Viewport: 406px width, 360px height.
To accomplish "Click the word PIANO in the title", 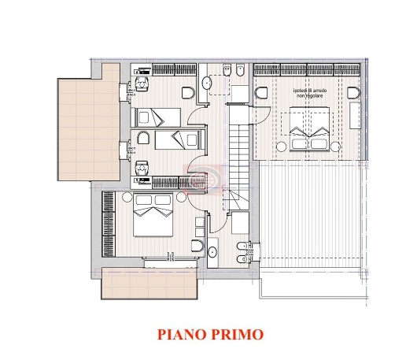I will tap(180, 334).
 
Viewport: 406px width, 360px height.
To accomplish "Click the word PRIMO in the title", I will tap(235, 334).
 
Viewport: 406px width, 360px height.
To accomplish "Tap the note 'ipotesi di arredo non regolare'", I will tap(308, 93).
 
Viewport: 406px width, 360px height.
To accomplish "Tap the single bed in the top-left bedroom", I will tap(149, 117).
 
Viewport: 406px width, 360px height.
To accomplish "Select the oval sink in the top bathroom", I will tap(208, 81).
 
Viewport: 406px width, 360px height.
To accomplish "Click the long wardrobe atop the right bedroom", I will tap(307, 70).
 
